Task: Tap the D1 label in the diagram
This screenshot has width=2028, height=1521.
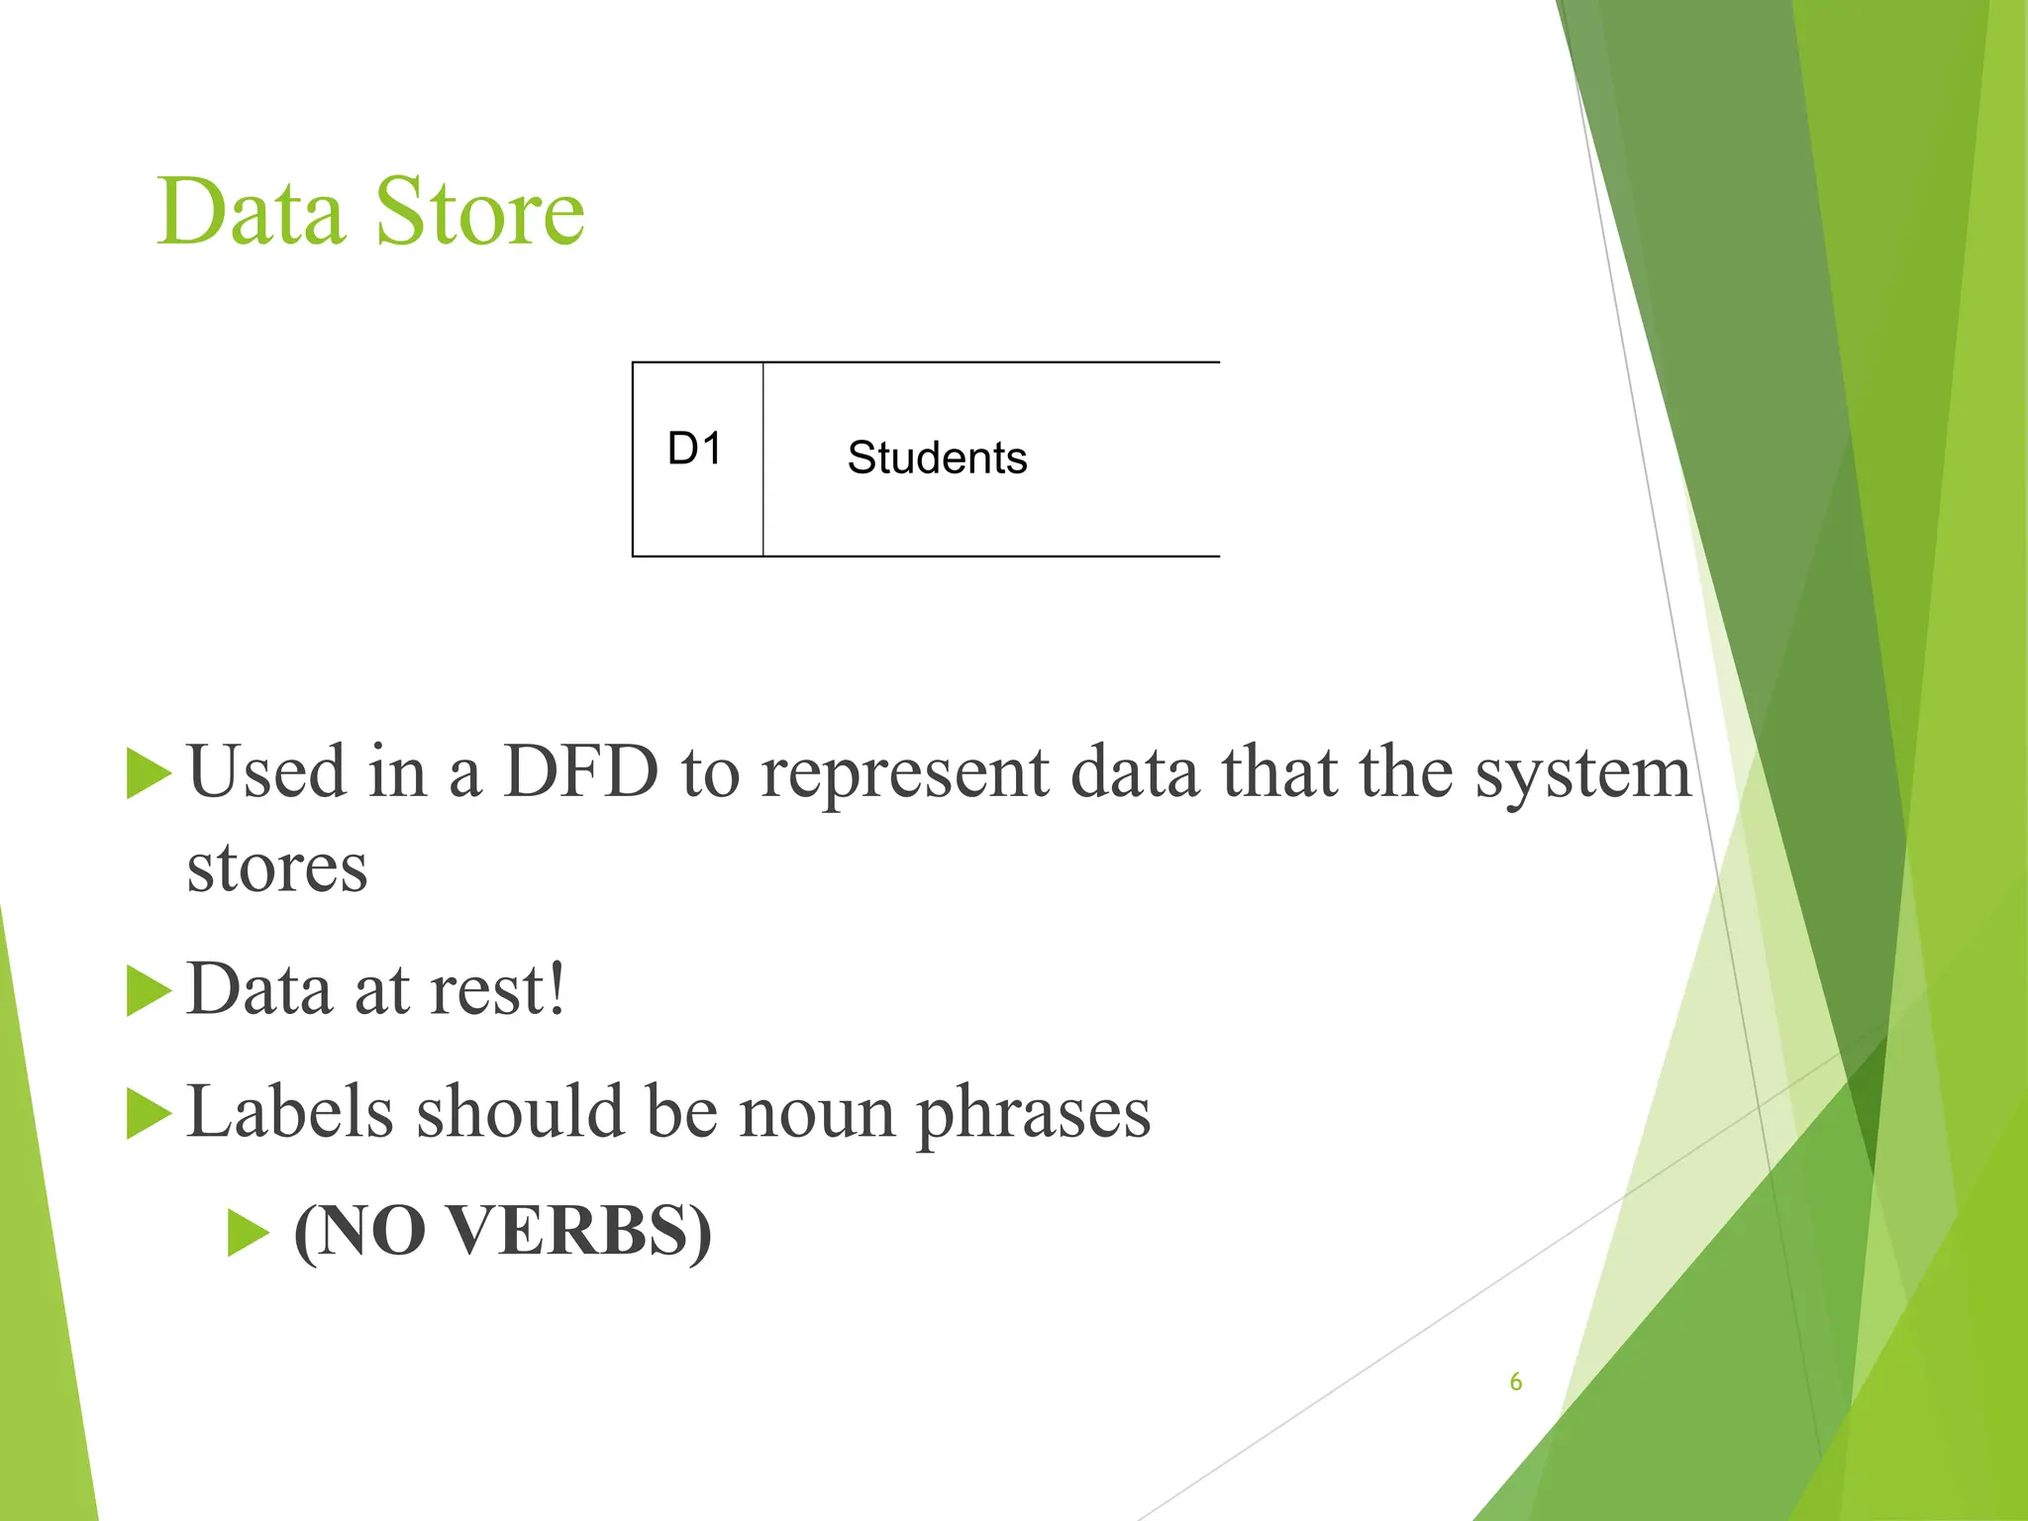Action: click(x=694, y=449)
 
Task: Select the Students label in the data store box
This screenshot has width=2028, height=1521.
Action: click(x=937, y=457)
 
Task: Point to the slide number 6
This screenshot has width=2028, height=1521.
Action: click(x=1515, y=1381)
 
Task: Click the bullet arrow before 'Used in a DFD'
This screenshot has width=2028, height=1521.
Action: click(x=149, y=773)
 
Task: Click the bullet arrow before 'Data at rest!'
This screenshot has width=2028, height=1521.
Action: click(x=149, y=991)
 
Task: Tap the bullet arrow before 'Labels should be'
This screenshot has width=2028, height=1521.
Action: click(x=149, y=1113)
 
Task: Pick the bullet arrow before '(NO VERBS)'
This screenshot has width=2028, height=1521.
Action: click(x=248, y=1233)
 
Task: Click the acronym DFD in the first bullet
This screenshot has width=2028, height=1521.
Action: click(x=580, y=771)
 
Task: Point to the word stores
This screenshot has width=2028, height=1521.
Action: click(x=277, y=867)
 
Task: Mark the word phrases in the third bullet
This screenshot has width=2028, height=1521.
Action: click(x=1034, y=1113)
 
